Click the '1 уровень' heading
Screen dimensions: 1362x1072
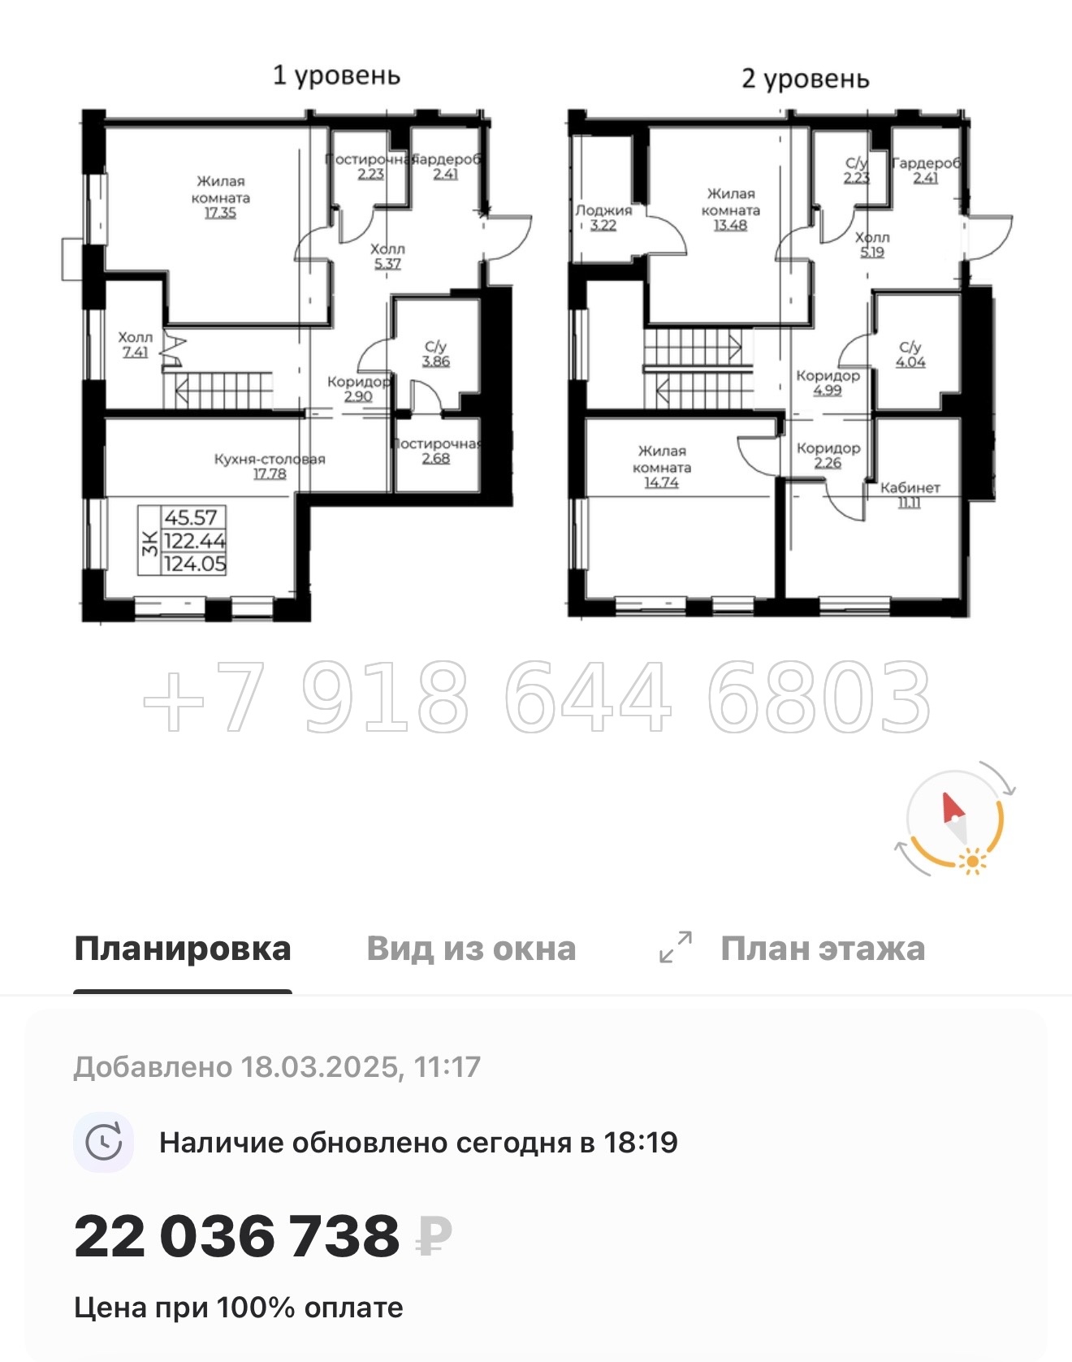tap(336, 76)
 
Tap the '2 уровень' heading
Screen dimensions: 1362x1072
tap(805, 79)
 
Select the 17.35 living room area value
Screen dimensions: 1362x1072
tap(220, 214)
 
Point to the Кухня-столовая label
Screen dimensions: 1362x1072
tap(269, 459)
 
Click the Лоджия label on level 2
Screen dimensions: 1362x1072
tap(603, 210)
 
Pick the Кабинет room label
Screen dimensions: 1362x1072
tap(910, 488)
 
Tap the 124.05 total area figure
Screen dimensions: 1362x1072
tap(195, 564)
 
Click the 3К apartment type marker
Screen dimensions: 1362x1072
tap(149, 541)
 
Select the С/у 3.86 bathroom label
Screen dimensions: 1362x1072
tap(435, 354)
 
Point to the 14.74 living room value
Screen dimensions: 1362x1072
tap(661, 483)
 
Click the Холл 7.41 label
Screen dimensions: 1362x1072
tap(135, 344)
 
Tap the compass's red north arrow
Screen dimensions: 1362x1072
tap(951, 808)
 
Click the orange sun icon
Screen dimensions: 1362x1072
tap(971, 860)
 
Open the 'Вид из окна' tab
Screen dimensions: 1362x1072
tap(471, 949)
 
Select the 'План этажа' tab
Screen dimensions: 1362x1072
tap(822, 949)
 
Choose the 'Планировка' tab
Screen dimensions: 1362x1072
tap(183, 949)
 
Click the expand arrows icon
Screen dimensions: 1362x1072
tap(676, 947)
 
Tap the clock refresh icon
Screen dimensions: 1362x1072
tap(104, 1143)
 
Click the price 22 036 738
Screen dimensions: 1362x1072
tap(237, 1236)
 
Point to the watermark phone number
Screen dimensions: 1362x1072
tap(536, 697)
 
